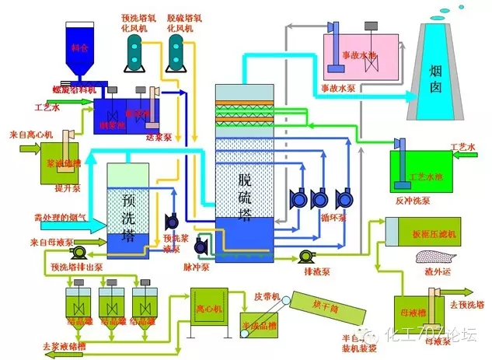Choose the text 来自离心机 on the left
(30, 134)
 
